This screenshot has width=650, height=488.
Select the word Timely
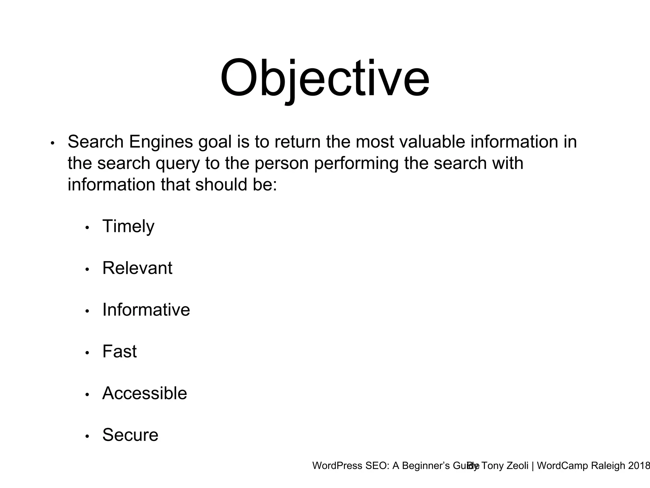coord(128,227)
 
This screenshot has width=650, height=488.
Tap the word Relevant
coord(137,268)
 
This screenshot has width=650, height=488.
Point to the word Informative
coord(146,310)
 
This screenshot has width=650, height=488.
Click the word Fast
coord(119,351)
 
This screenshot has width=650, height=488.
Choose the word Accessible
coord(144,393)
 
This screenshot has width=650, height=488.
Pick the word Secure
coord(130,435)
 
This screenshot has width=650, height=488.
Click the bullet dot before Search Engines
coord(53,143)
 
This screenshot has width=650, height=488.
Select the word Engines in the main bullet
coord(161,142)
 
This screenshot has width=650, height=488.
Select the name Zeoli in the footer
coord(515,466)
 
